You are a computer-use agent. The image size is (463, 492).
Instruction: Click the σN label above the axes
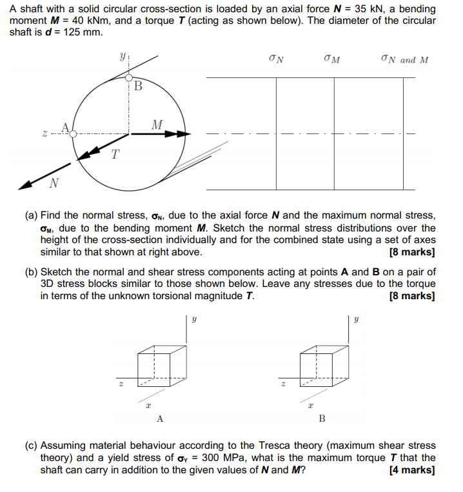point(276,60)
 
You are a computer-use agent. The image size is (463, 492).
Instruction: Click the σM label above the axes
point(333,60)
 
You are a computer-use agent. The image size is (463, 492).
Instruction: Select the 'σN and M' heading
point(404,60)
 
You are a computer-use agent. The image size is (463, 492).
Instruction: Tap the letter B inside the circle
point(138,85)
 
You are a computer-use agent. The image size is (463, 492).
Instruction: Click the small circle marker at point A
point(74,133)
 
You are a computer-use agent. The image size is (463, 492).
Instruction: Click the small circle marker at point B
point(129,77)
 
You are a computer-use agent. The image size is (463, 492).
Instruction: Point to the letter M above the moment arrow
point(157,123)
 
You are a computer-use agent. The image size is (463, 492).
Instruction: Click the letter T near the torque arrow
point(115,154)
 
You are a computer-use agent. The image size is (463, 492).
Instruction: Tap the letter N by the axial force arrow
point(54,184)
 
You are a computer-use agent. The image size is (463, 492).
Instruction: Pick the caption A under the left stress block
point(159,419)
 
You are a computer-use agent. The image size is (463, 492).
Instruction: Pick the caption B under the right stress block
point(322,419)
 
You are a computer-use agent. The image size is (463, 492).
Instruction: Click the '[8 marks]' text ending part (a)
point(412,252)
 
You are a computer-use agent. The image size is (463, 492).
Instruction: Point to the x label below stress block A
point(148,405)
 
